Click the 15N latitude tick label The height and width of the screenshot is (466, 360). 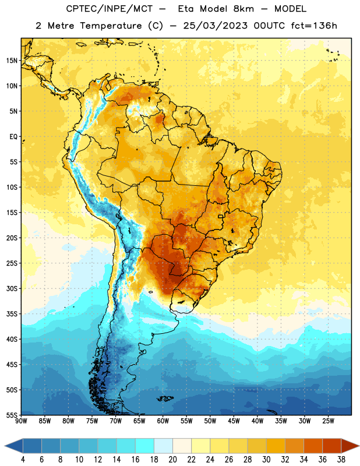[x=12, y=61]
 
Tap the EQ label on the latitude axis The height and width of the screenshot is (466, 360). [x=13, y=137]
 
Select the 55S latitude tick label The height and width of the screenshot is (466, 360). [x=12, y=415]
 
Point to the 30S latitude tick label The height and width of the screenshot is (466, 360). [x=12, y=288]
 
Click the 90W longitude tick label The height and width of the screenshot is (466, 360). [x=21, y=421]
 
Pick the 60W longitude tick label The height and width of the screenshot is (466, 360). [x=163, y=421]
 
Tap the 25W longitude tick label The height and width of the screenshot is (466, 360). [x=328, y=421]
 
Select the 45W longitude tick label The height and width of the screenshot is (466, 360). [x=234, y=421]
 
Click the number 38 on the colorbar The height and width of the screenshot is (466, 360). [x=341, y=460]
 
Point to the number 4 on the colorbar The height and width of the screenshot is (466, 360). [x=23, y=460]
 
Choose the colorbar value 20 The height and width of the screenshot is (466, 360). [x=172, y=460]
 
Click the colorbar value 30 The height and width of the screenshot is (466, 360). [x=266, y=460]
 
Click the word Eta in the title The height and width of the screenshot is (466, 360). [x=186, y=9]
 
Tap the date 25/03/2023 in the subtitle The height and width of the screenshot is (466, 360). [x=216, y=26]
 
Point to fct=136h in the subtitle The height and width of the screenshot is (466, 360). [x=314, y=26]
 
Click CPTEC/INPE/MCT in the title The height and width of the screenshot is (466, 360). [x=110, y=9]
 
